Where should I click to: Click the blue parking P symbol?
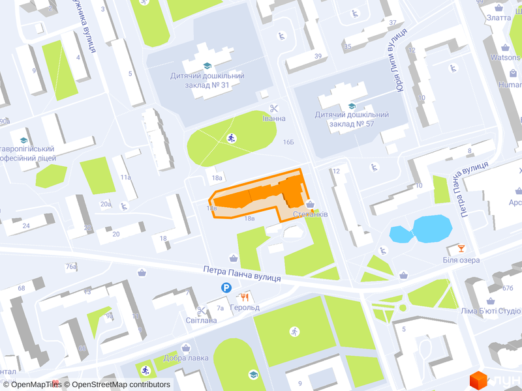(x=226, y=288)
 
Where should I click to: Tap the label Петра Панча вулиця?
(x=241, y=273)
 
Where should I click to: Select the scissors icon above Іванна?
(x=274, y=108)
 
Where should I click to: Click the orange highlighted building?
(x=261, y=195)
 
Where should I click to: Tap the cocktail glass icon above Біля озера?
(x=461, y=248)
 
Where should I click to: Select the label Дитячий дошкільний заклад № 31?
(x=207, y=81)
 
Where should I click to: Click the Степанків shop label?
(x=310, y=214)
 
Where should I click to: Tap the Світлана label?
(x=201, y=320)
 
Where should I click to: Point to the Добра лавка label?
(x=186, y=358)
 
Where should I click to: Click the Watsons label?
(x=505, y=57)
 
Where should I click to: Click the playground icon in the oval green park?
(x=231, y=138)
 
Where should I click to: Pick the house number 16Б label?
(x=288, y=141)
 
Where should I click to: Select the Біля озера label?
(x=461, y=260)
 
